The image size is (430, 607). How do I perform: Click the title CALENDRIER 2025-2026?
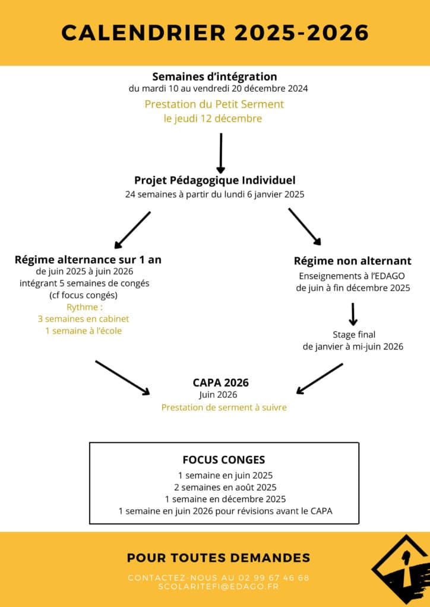215,33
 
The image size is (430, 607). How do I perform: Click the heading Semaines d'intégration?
214,76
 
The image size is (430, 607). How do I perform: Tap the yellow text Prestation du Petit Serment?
214,104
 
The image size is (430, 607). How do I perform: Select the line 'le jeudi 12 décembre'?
213,119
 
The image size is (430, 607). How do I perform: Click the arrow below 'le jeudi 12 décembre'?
221,152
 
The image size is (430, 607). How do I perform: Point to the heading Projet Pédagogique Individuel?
214,180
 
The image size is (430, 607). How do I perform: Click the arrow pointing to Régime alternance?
132,230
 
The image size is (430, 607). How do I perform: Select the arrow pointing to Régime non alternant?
305,226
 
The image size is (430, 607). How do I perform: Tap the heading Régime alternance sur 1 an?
88,260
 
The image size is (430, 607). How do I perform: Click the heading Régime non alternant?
353,261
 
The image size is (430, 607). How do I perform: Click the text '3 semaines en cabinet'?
83,319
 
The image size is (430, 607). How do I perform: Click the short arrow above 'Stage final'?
353,314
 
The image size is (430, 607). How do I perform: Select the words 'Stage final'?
353,335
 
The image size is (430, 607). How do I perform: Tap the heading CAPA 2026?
220,382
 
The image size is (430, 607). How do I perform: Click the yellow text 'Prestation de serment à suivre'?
224,408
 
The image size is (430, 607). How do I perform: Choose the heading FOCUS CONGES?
224,460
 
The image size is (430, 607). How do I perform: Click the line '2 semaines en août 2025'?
225,487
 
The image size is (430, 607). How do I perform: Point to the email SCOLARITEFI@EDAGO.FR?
219,586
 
